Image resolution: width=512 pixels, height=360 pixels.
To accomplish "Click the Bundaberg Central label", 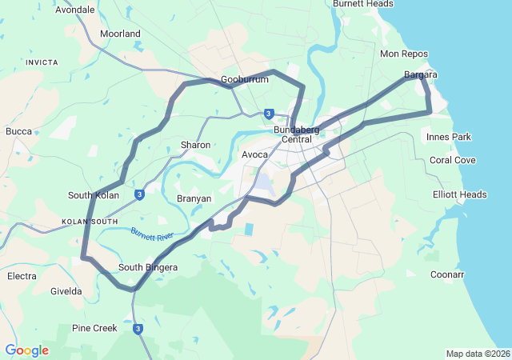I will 296,134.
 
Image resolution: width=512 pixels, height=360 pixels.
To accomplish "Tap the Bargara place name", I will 420,74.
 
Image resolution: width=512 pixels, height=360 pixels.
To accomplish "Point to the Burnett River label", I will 152,236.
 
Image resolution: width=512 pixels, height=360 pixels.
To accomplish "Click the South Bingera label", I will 148,267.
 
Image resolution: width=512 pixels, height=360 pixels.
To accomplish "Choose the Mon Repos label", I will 404,54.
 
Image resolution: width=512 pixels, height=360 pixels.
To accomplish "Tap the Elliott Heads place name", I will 459,194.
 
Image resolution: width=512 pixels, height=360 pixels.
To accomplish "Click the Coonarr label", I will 447,274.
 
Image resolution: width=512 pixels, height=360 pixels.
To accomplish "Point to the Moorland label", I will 120,34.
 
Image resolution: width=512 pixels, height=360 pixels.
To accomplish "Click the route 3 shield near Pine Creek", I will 138,328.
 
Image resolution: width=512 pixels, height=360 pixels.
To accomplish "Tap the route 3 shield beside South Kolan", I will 139,194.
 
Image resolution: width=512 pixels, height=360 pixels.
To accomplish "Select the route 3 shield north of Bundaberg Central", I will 268,114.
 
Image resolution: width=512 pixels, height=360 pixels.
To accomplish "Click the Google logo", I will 26,350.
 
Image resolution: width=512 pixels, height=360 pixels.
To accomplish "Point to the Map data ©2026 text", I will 477,354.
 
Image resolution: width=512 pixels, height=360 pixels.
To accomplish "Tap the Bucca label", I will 18,131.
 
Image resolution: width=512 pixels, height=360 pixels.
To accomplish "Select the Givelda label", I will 66,291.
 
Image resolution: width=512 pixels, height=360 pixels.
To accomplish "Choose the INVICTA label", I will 41,62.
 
